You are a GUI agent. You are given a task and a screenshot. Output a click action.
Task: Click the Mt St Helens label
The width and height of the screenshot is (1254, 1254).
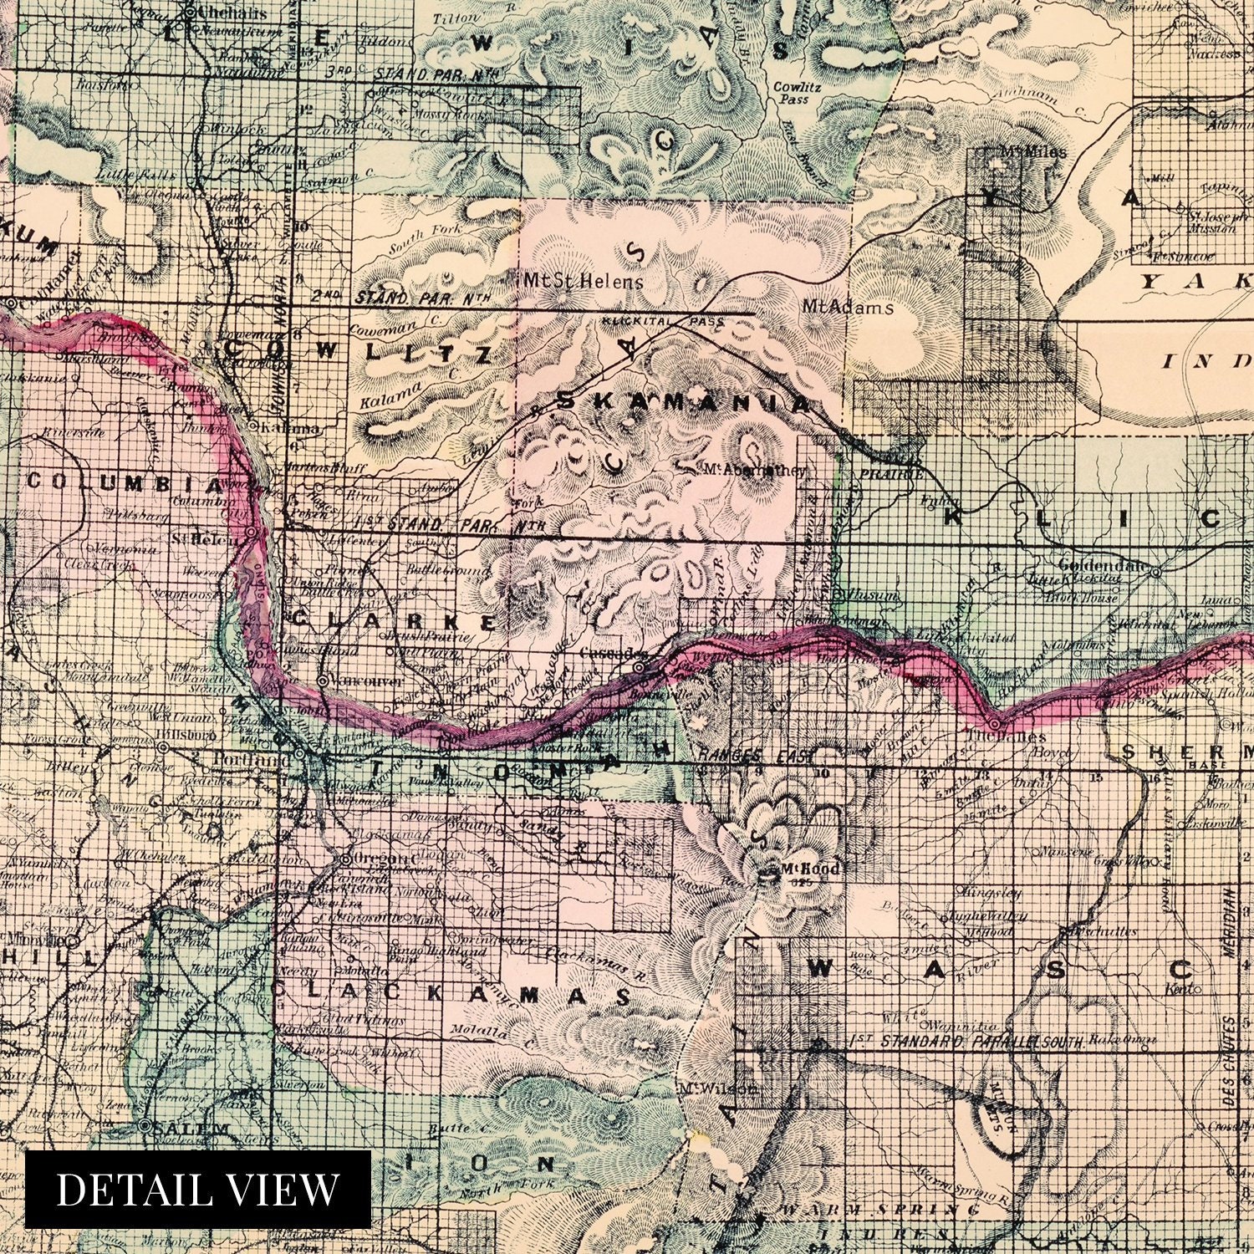click(582, 281)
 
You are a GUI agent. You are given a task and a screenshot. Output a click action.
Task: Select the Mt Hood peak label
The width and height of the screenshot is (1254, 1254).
click(809, 869)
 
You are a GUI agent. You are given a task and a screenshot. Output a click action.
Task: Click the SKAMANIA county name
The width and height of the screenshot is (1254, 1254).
click(681, 402)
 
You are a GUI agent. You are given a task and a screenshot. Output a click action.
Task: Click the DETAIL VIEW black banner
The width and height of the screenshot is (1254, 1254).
click(198, 1189)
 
